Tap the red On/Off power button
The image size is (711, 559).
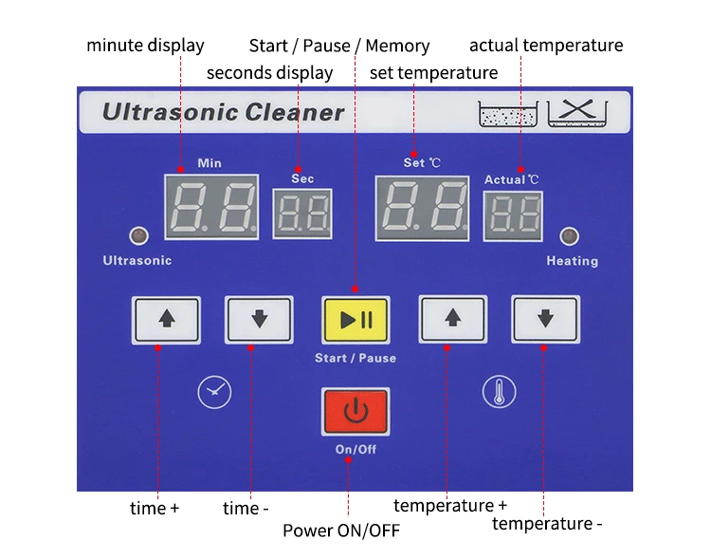pyautogui.click(x=355, y=412)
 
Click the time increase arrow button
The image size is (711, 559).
pyautogui.click(x=167, y=320)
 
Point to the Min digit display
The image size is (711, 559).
pyautogui.click(x=210, y=206)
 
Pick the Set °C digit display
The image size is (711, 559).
pyautogui.click(x=422, y=206)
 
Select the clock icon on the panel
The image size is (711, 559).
pyautogui.click(x=214, y=391)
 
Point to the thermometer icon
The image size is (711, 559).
pyautogui.click(x=499, y=391)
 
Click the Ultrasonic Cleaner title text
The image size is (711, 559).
pyautogui.click(x=223, y=113)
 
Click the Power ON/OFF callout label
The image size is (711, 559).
pyautogui.click(x=341, y=530)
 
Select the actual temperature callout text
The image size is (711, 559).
pyautogui.click(x=546, y=45)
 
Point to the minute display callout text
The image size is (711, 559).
pyautogui.click(x=145, y=45)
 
